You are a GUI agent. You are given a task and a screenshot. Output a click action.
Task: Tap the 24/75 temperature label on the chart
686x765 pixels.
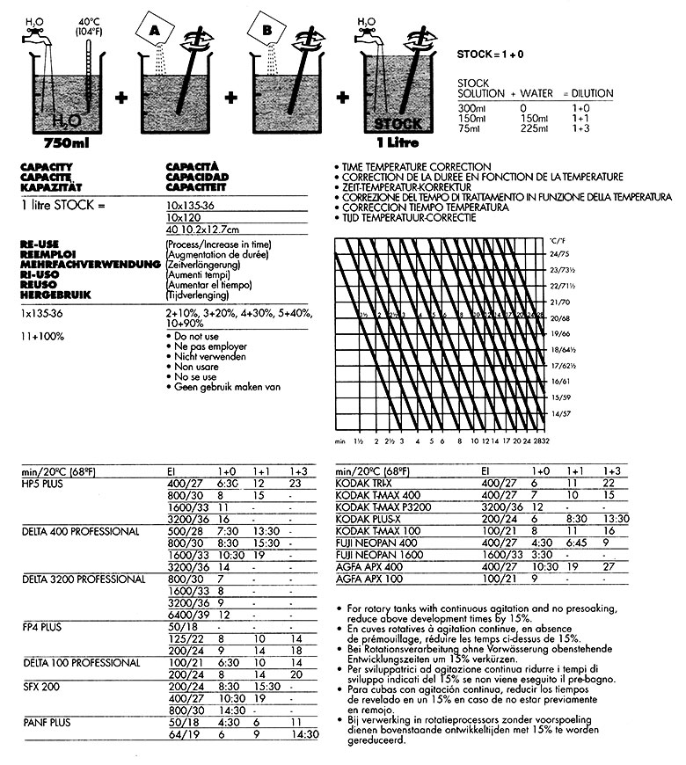click(x=559, y=252)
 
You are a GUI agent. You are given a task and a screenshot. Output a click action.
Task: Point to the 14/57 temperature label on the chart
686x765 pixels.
click(x=559, y=412)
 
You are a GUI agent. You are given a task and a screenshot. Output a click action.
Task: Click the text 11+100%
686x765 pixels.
click(x=36, y=336)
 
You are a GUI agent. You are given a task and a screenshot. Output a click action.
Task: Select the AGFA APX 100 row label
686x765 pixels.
click(x=368, y=580)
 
